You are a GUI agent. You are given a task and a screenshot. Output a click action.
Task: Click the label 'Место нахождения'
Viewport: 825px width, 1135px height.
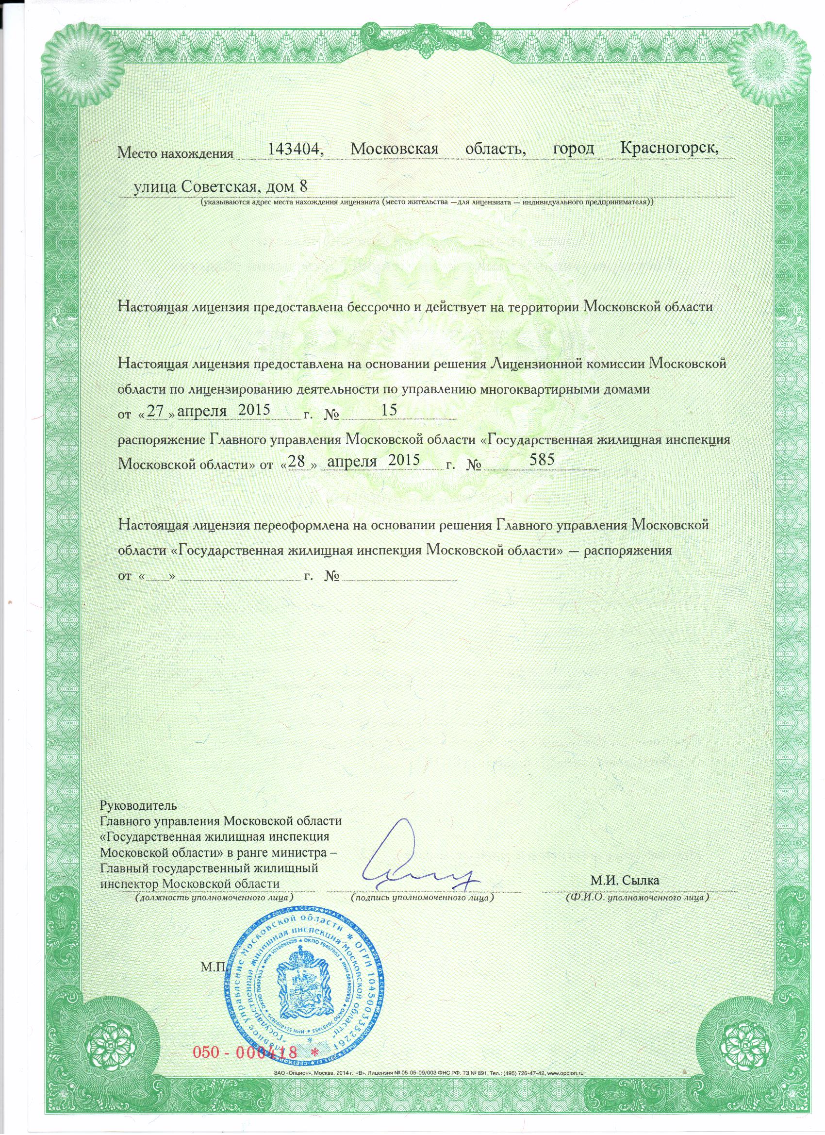point(176,152)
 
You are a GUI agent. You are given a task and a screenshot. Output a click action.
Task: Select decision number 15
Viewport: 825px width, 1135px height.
point(389,410)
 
